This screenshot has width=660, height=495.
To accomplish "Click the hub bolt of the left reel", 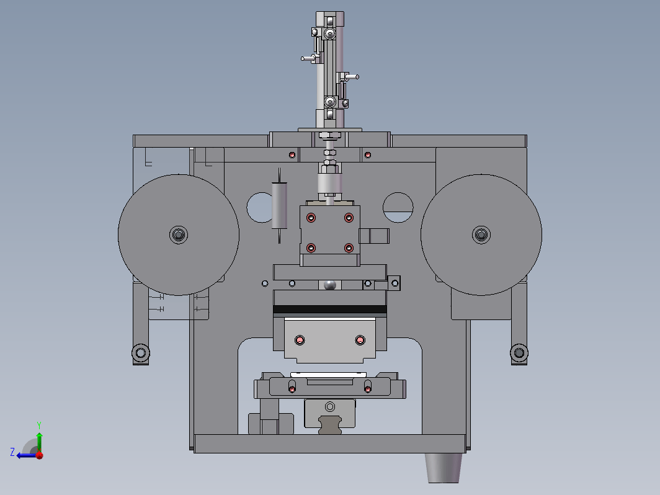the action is coord(179,234).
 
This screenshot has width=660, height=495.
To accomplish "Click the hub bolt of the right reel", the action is coord(481,234).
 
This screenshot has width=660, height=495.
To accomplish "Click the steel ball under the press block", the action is coord(329,285).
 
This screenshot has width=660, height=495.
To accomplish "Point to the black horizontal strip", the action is coord(329,310).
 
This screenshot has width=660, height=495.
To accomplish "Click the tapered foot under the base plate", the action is coord(444,468).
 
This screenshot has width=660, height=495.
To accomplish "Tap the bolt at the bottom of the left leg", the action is coord(141,352).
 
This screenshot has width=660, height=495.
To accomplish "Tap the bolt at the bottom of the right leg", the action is coord(519,352).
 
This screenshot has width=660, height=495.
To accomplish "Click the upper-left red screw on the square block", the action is coord(311,218).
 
